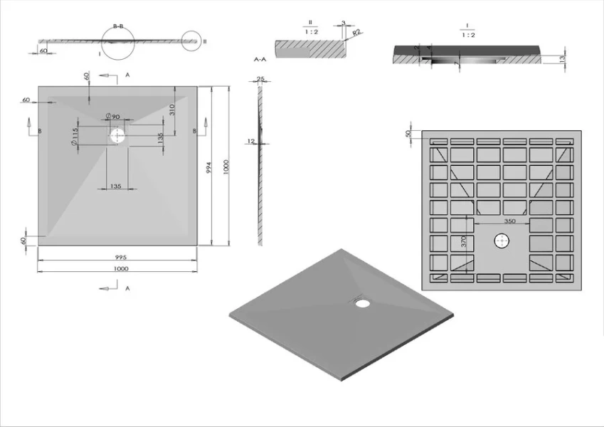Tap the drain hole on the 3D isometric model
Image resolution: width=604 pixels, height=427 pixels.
point(363,303)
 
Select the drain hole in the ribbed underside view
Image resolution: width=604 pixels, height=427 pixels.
point(502,242)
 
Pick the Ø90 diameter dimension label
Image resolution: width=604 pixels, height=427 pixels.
point(112,116)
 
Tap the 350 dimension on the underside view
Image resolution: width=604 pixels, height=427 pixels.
point(509,221)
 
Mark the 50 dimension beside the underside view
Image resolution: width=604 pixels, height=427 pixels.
point(408,134)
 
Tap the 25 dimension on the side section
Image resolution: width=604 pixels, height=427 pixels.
point(260,79)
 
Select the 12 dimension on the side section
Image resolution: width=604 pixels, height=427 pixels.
point(251,142)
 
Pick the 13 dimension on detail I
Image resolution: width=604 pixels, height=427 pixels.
point(562,58)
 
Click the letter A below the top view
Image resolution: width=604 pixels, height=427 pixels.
point(127,288)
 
